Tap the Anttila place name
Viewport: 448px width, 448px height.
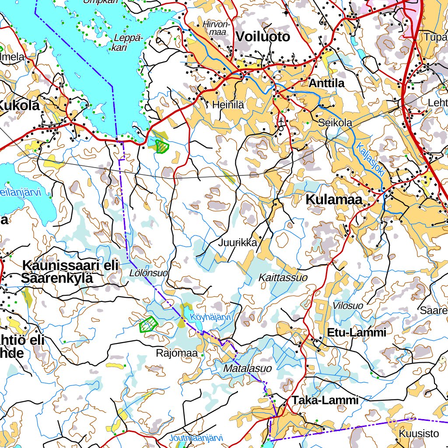326,83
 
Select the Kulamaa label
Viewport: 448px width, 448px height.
334,199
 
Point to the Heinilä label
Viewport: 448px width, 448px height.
228,105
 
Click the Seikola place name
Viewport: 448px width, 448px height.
335,123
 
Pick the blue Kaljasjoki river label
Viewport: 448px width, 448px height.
370,160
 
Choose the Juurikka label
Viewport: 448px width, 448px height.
238,243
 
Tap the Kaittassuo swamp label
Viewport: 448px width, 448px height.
283,277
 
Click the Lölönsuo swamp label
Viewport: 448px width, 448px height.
149,273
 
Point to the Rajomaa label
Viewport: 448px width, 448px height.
177,353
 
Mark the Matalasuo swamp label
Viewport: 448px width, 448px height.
247,369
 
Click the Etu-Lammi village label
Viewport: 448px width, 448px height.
356,332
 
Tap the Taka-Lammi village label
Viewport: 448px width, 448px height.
325,400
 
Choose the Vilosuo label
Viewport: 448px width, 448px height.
348,305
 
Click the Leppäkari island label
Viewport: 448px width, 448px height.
127,42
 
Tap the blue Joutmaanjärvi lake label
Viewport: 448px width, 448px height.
196,437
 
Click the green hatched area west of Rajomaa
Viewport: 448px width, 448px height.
148,324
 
